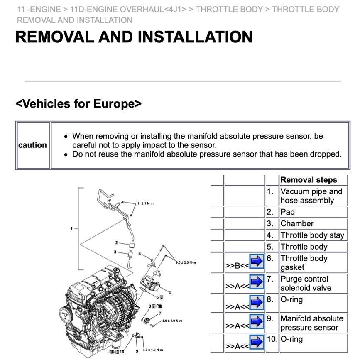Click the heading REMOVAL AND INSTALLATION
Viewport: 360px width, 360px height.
(134, 37)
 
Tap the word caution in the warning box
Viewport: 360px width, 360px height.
(32, 145)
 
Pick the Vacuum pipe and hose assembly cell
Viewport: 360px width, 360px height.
(311, 196)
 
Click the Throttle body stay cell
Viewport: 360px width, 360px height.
(312, 235)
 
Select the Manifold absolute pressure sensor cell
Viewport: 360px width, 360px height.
(311, 323)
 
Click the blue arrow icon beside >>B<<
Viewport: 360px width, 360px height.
(257, 262)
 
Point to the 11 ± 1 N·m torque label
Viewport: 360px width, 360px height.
(145, 203)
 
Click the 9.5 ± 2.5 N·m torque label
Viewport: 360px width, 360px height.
(185, 262)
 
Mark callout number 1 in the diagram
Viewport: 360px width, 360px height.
(71, 228)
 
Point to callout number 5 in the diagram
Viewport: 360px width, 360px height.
(170, 292)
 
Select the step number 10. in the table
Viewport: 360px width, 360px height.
(272, 339)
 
